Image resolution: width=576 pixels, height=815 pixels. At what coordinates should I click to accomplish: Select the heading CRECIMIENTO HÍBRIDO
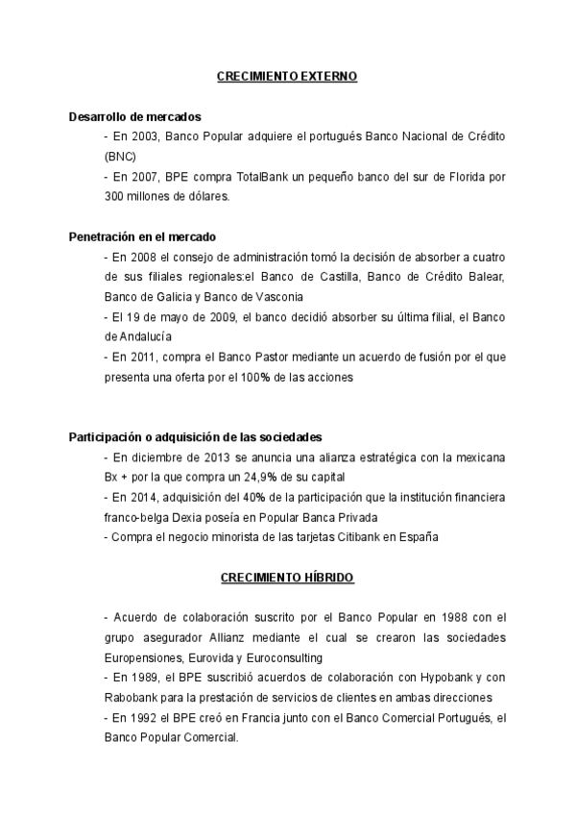click(x=287, y=578)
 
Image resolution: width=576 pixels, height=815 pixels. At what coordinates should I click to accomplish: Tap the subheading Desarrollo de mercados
click(x=135, y=116)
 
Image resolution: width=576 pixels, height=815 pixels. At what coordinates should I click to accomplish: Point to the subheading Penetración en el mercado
click(x=142, y=235)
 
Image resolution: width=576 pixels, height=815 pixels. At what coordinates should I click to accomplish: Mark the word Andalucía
click(x=147, y=335)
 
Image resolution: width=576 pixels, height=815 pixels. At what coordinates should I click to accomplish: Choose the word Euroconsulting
click(x=283, y=657)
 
